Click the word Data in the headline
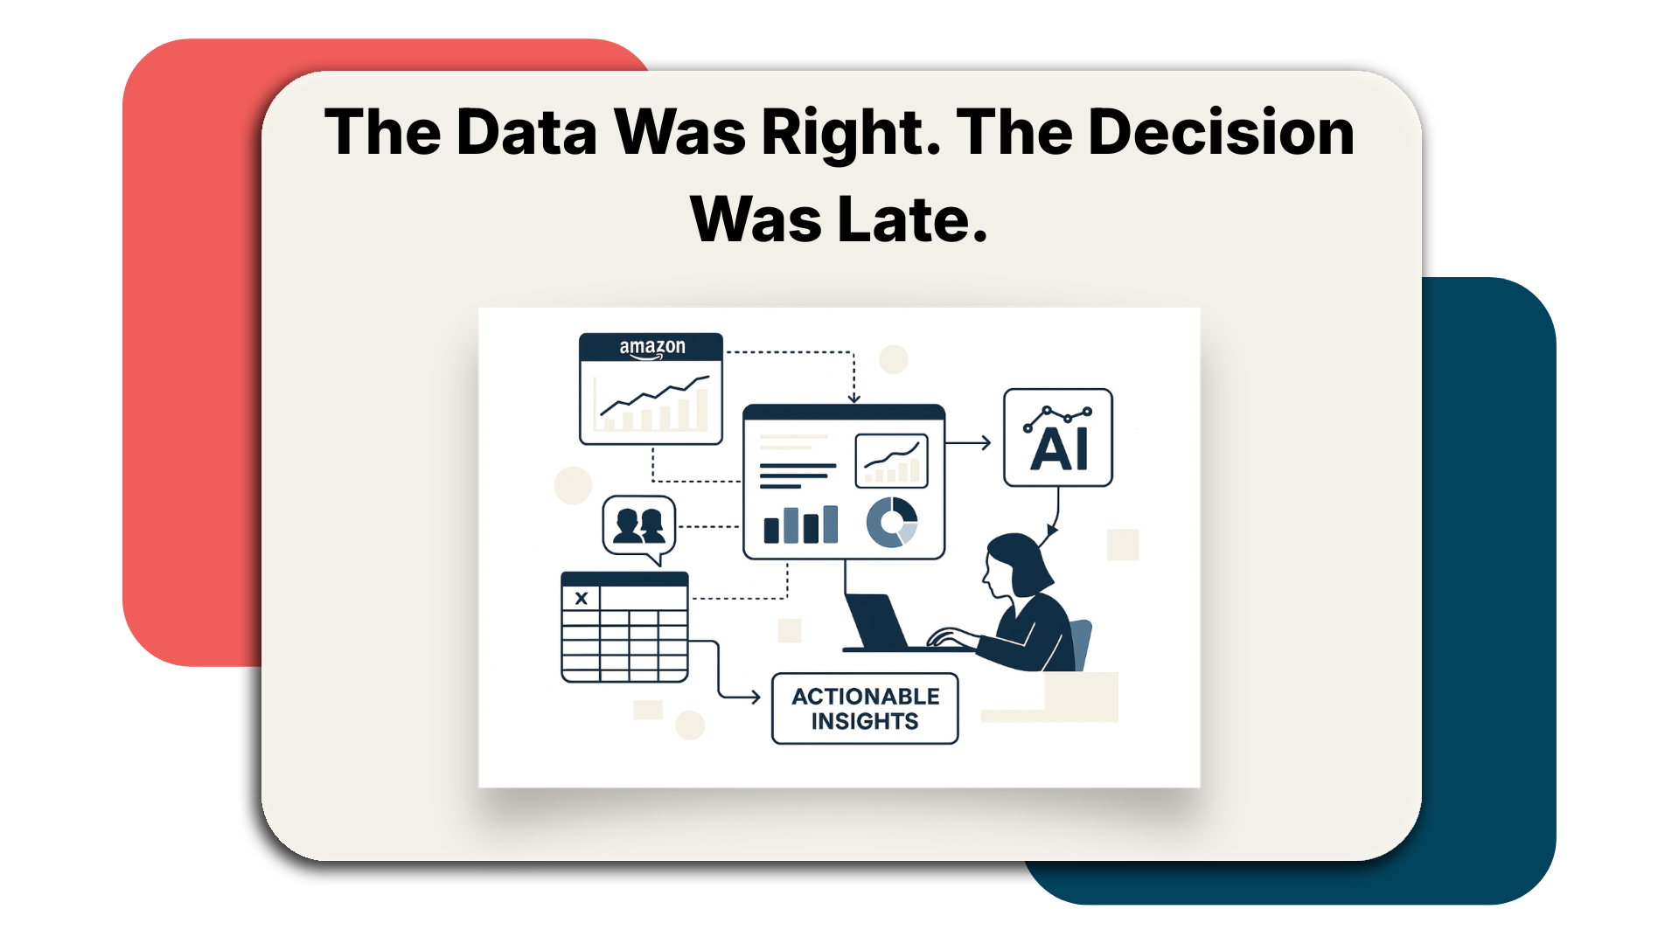click(526, 133)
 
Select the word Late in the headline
click(912, 219)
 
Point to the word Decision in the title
click(1221, 133)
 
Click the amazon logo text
click(652, 347)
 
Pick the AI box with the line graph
click(1058, 437)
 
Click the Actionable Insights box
click(865, 708)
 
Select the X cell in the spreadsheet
click(581, 598)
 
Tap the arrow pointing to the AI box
click(968, 443)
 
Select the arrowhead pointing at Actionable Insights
click(755, 698)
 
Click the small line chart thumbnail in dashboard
click(891, 461)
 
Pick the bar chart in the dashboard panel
click(800, 524)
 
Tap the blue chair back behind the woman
click(1082, 645)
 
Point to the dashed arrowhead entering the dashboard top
click(854, 399)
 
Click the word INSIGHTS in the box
click(865, 721)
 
